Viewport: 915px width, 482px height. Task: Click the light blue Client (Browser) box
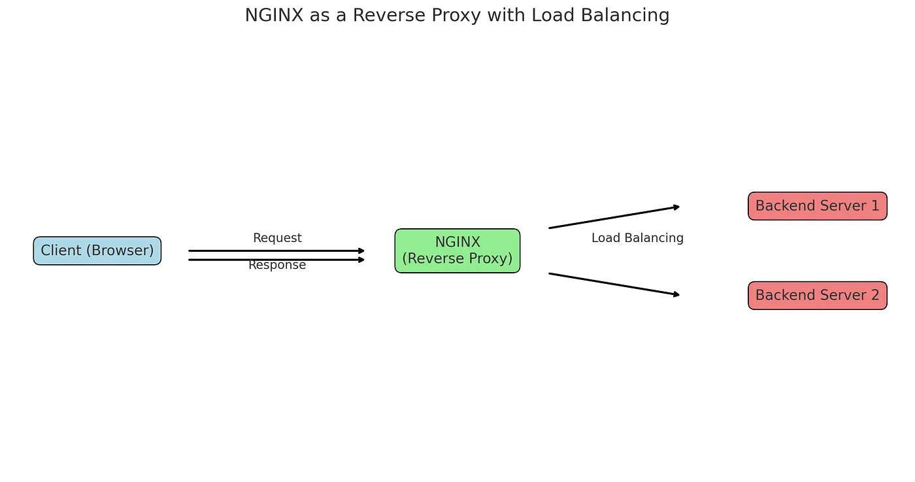97,250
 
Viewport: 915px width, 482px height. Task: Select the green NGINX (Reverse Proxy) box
457,250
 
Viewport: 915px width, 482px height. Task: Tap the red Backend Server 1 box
817,206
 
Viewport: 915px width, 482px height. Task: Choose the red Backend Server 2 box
817,296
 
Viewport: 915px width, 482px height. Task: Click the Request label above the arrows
277,238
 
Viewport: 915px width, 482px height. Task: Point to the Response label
277,266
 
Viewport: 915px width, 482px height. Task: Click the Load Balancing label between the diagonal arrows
637,238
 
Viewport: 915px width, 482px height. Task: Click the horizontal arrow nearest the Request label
274,250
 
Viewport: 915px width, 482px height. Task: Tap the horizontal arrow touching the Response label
274,260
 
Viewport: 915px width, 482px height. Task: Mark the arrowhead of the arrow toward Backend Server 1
676,207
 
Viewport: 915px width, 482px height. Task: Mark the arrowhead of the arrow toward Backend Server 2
676,295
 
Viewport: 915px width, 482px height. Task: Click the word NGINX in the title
274,15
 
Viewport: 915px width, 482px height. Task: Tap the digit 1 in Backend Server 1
874,206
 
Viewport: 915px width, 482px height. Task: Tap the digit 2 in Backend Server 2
874,296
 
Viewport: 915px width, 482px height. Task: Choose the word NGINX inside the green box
457,242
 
